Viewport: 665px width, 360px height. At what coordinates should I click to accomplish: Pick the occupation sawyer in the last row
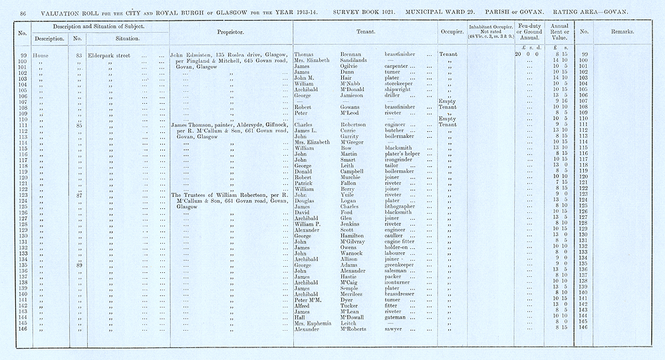[x=395, y=329]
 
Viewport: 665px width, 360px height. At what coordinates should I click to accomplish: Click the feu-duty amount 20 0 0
[x=525, y=54]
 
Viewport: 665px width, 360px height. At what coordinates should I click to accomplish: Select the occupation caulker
[x=397, y=235]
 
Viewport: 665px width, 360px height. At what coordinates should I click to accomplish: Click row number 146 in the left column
[x=23, y=329]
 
